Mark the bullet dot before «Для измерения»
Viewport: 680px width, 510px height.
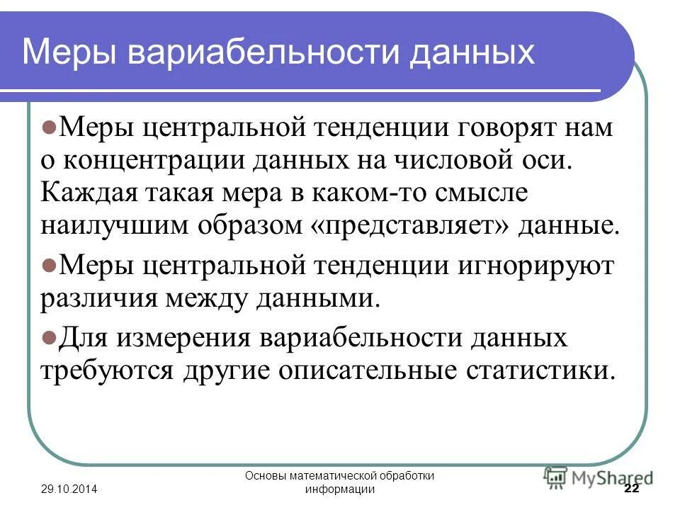pyautogui.click(x=49, y=336)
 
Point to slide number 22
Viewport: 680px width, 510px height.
pyautogui.click(x=630, y=490)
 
